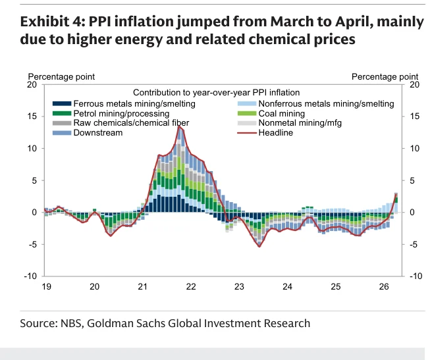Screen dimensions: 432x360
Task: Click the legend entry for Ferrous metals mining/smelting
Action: pyautogui.click(x=124, y=104)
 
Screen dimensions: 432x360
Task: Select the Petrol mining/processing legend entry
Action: pyautogui.click(x=111, y=113)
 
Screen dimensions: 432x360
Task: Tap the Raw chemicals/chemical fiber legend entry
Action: pyautogui.click(x=121, y=123)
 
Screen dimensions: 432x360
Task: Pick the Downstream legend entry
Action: pyautogui.click(x=88, y=133)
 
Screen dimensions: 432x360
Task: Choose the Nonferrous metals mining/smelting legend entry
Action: pyautogui.click(x=315, y=104)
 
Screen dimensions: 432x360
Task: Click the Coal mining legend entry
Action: pyautogui.click(x=271, y=113)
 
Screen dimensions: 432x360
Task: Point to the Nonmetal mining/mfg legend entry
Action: pyautogui.click(x=290, y=123)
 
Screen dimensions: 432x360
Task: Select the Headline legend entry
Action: pyautogui.click(x=265, y=133)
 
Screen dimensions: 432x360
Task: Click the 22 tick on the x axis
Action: pyautogui.click(x=191, y=287)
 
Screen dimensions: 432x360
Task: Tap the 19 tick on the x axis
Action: pyautogui.click(x=47, y=287)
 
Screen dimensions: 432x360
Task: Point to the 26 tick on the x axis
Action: pyautogui.click(x=384, y=287)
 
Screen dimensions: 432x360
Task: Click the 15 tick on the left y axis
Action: pyautogui.click(x=32, y=116)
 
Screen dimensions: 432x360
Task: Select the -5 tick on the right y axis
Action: pyautogui.click(x=414, y=244)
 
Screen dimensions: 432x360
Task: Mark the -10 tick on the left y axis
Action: pyautogui.click(x=30, y=276)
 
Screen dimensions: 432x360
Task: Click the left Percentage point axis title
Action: pyautogui.click(x=61, y=76)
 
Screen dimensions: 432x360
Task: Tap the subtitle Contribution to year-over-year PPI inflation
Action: pyautogui.click(x=216, y=93)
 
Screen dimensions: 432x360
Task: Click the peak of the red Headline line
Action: pyautogui.click(x=179, y=126)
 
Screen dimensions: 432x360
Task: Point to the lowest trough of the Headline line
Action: pyautogui.click(x=259, y=246)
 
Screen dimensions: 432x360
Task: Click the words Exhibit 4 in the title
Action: pyautogui.click(x=51, y=22)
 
